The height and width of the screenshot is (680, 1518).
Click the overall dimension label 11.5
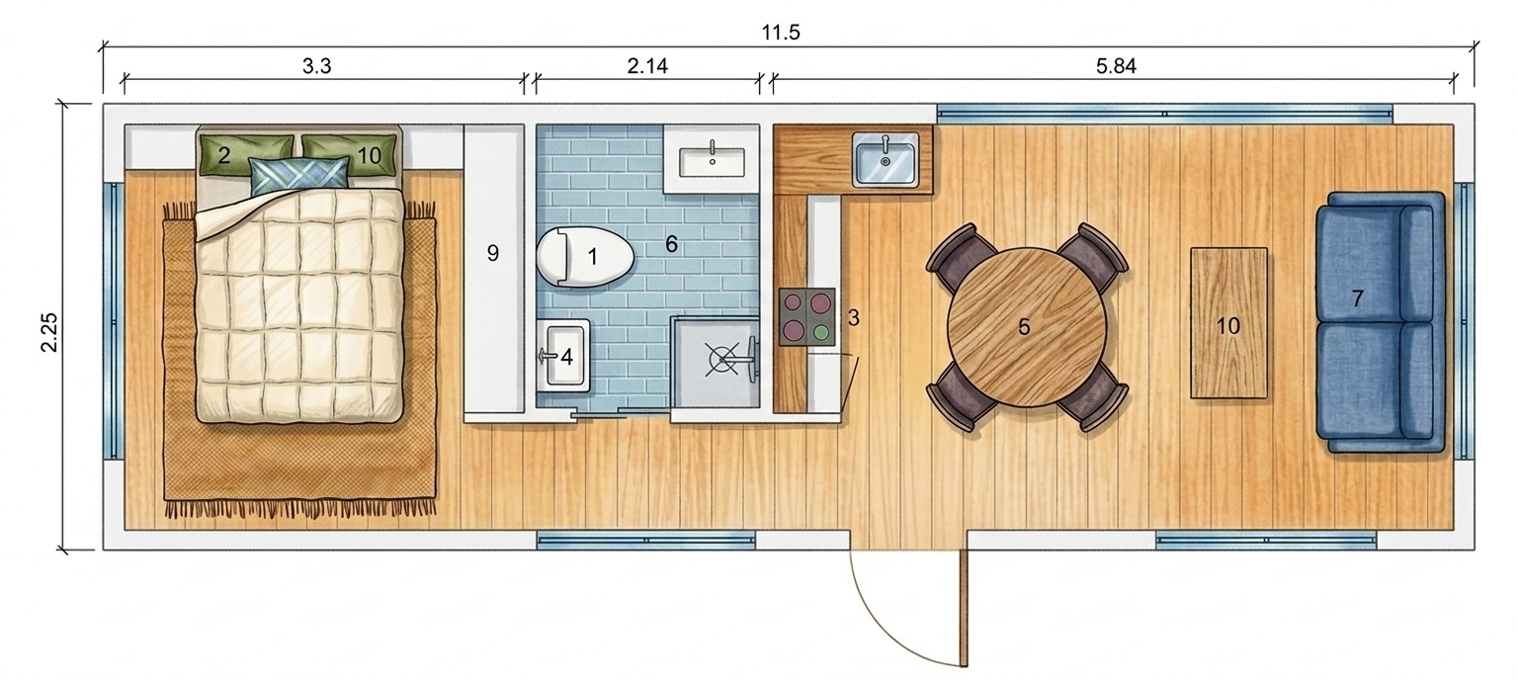781,33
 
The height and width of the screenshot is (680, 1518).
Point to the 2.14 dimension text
647,67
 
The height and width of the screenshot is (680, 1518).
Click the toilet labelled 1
584,257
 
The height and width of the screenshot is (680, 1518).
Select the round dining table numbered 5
1024,326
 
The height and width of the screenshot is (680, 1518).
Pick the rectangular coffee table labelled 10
1228,324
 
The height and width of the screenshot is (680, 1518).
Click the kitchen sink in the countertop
885,159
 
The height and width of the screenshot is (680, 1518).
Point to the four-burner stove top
807,316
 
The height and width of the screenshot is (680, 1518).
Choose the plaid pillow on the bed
299,175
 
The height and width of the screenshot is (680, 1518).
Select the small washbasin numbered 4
563,356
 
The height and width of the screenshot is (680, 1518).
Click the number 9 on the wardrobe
493,254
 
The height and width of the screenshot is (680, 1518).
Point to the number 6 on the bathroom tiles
671,244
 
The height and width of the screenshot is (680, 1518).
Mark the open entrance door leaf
962,608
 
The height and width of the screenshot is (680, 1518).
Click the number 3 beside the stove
853,318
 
